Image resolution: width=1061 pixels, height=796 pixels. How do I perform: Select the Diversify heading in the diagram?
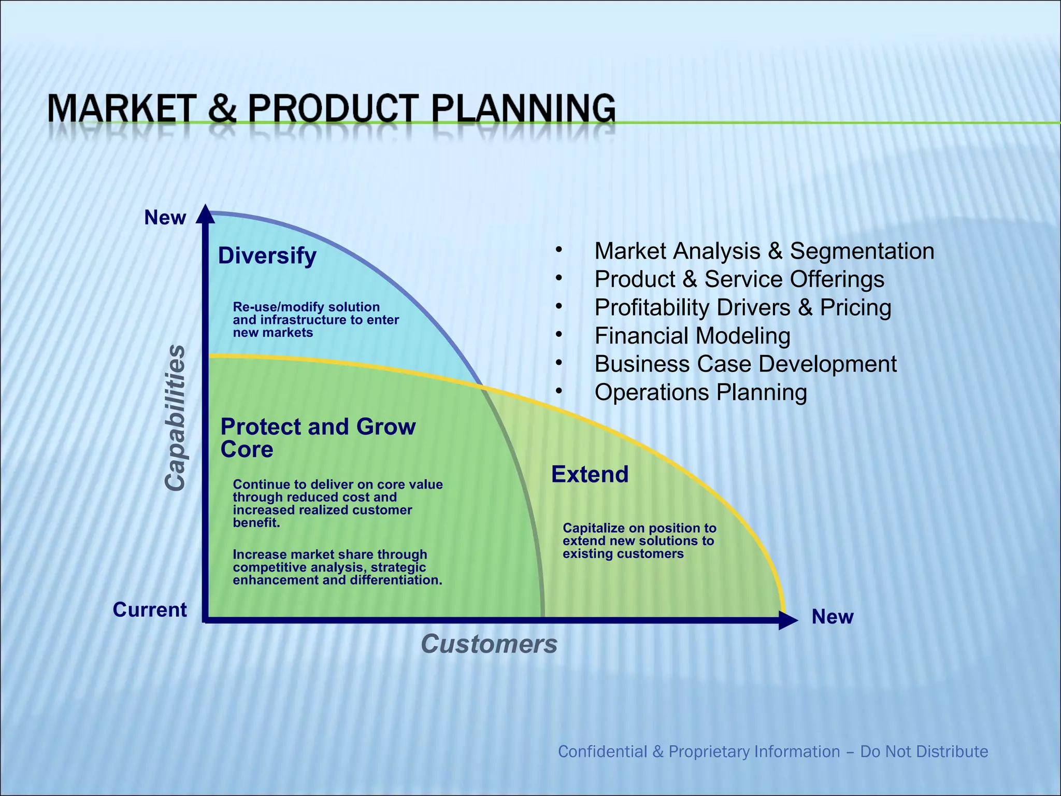pyautogui.click(x=267, y=255)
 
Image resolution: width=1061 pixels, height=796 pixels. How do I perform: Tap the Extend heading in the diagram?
pyautogui.click(x=590, y=474)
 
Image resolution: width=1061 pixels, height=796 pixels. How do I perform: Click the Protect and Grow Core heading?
pyautogui.click(x=317, y=437)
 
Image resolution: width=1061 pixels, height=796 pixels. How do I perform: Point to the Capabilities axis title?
pyautogui.click(x=175, y=418)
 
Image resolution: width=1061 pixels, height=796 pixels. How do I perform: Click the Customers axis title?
pyautogui.click(x=489, y=644)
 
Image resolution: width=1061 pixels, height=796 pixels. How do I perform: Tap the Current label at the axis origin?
pyautogui.click(x=150, y=609)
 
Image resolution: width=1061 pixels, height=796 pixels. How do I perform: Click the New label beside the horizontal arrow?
pyautogui.click(x=832, y=617)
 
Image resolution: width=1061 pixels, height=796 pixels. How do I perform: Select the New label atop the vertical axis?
pyautogui.click(x=165, y=218)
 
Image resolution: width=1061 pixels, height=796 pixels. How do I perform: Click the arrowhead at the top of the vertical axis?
pyautogui.click(x=206, y=214)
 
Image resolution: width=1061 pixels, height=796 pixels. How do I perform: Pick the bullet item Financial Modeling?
pyautogui.click(x=692, y=336)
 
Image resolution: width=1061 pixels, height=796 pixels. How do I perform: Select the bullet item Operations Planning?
pyautogui.click(x=700, y=392)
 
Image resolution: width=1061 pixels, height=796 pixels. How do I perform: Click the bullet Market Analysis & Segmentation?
pyautogui.click(x=764, y=251)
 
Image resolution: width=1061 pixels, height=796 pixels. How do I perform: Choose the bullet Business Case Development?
pyautogui.click(x=745, y=364)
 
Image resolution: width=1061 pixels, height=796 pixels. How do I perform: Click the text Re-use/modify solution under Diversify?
pyautogui.click(x=306, y=307)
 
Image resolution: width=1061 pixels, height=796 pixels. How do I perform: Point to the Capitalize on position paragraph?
pyautogui.click(x=639, y=541)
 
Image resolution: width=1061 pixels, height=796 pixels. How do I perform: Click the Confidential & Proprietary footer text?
pyautogui.click(x=772, y=751)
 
